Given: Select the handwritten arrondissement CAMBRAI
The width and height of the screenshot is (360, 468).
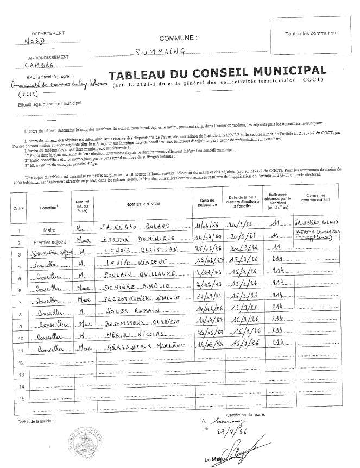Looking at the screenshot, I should (x=40, y=65).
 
